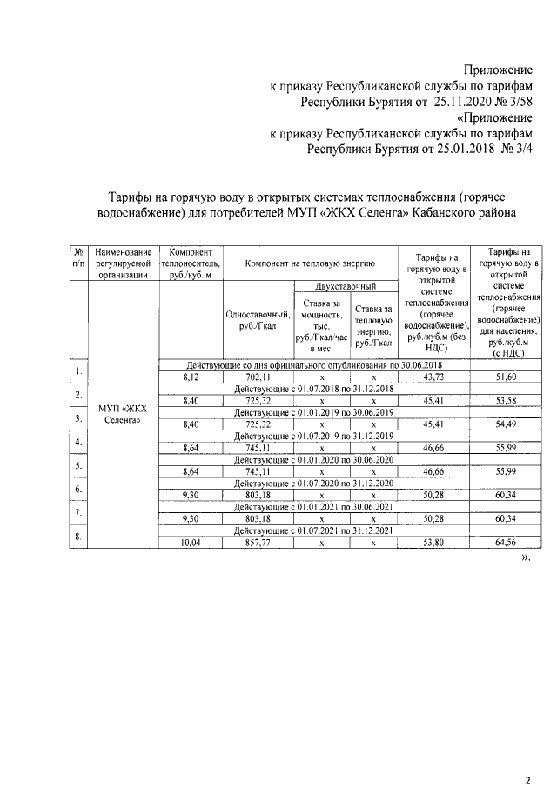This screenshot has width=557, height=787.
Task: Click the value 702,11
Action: click(258, 377)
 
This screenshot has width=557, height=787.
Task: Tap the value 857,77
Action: click(258, 542)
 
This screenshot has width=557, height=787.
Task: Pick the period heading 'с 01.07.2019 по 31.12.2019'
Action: click(314, 436)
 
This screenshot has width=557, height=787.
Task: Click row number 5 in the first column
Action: click(79, 465)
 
